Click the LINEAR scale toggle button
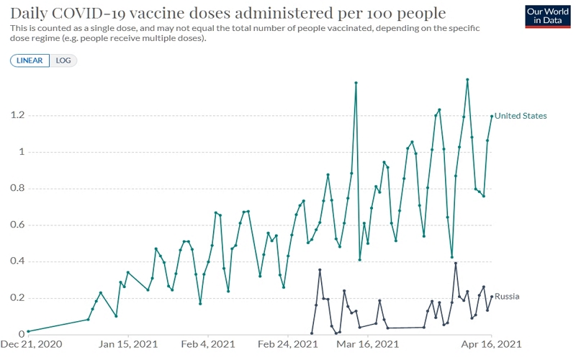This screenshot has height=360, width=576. pos(30,60)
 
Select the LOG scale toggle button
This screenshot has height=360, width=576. pos(63,60)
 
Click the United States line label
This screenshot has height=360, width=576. pos(521,116)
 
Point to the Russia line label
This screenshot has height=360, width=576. pos(507,296)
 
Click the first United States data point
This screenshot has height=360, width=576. pos(28,331)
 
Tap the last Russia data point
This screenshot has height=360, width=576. pos(492,297)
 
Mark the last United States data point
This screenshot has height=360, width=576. pos(492,116)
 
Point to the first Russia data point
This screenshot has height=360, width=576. pos(312,333)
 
